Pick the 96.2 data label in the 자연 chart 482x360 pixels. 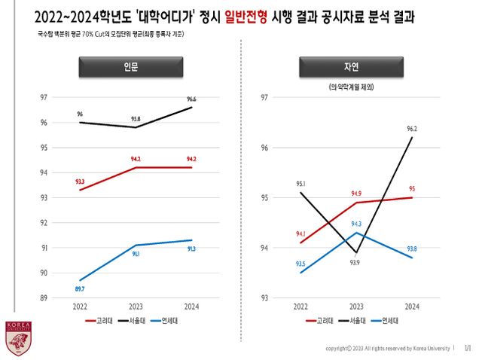point(412,129)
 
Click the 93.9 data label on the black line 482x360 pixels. point(355,262)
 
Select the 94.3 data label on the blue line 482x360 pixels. point(356,224)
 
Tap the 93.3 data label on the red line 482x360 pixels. point(80,182)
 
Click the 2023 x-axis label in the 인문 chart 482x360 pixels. point(136,307)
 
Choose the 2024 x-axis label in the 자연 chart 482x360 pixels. point(412,307)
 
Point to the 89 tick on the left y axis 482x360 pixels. point(44,297)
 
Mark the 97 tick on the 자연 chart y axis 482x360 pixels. point(264,98)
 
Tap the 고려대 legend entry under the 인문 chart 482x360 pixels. point(99,321)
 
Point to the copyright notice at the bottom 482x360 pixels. point(387,349)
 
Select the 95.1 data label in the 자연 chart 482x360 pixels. point(300,183)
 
